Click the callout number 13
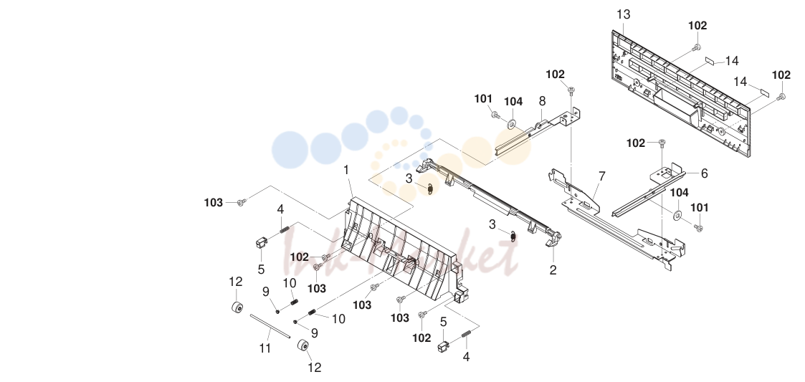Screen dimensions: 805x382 [623, 14]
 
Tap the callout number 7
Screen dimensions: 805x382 [601, 176]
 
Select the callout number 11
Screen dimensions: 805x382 [265, 348]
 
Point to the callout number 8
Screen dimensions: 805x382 [542, 101]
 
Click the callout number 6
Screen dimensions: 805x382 [704, 173]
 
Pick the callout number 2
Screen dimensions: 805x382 [553, 269]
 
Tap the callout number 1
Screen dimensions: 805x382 [346, 170]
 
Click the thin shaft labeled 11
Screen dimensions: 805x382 [270, 327]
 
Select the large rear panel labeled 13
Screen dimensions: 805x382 [681, 93]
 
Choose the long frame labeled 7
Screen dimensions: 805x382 [616, 221]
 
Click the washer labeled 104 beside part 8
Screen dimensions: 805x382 [511, 124]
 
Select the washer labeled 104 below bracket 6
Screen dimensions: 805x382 [677, 214]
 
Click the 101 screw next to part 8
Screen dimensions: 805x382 [495, 115]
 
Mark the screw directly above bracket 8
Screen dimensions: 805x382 [571, 90]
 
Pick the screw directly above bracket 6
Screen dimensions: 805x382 [662, 142]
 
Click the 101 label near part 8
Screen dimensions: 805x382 [483, 99]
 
